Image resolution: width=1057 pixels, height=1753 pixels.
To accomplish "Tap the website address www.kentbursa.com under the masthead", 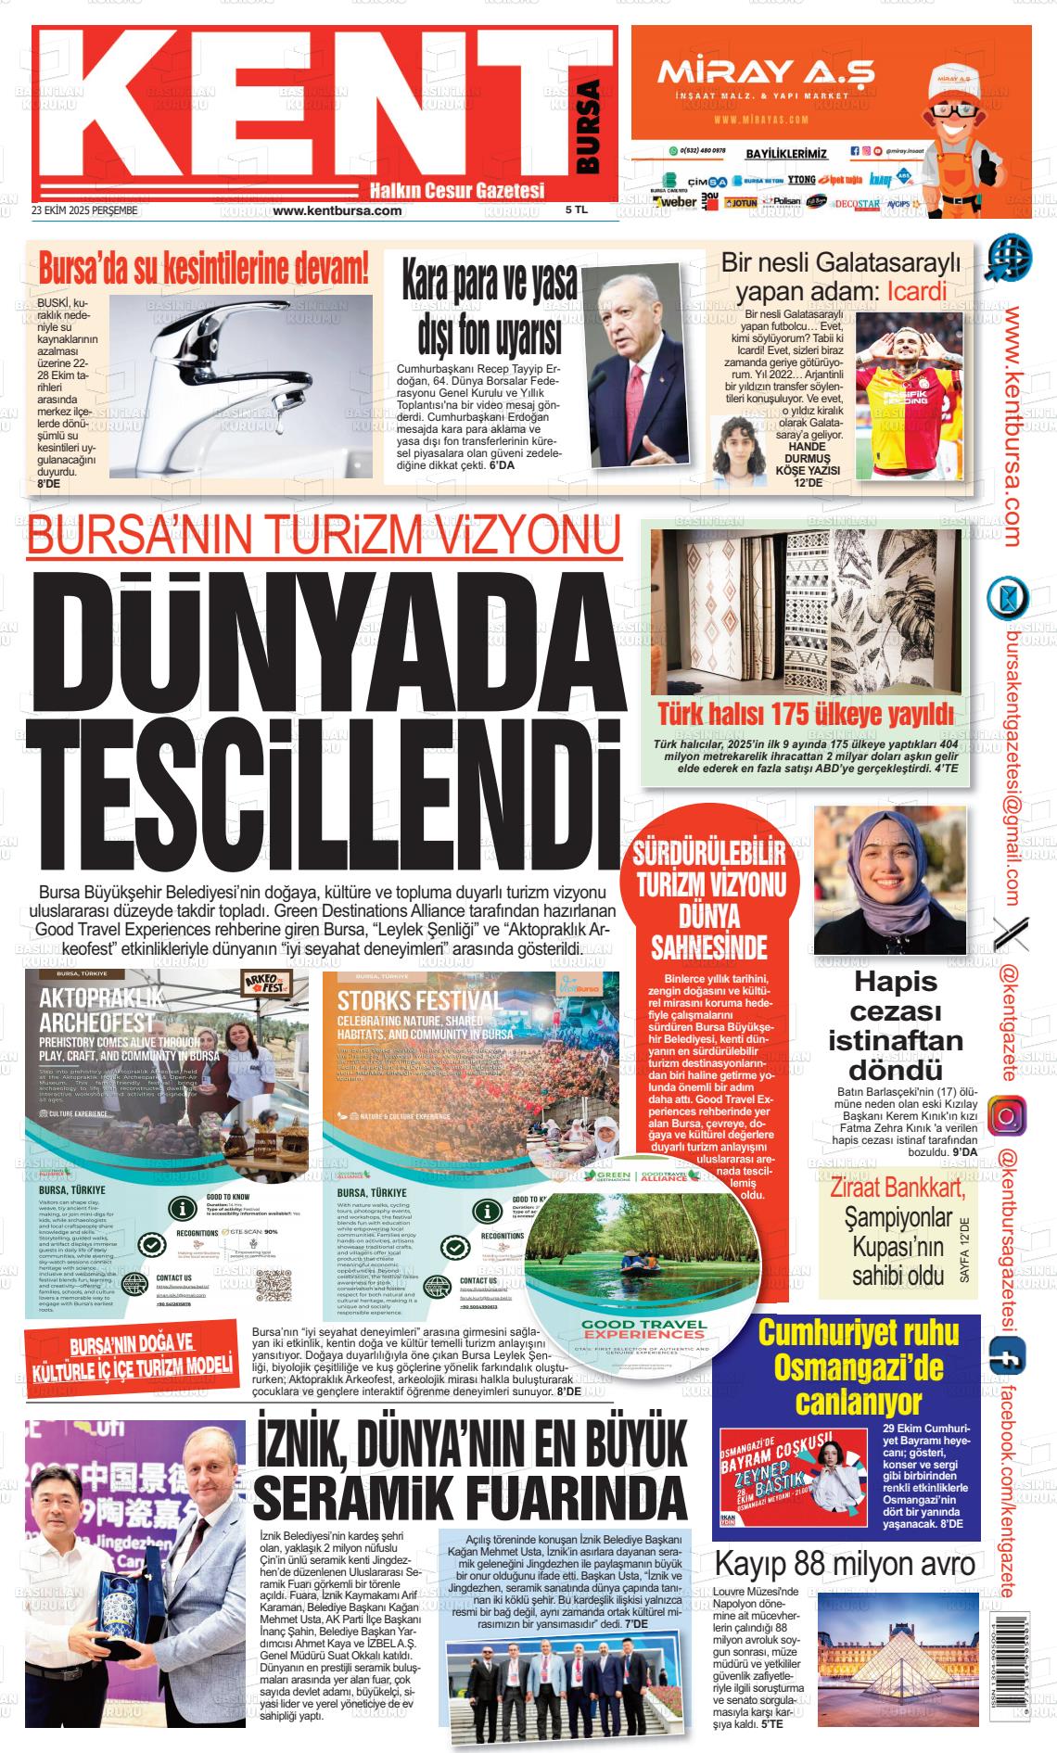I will (337, 210).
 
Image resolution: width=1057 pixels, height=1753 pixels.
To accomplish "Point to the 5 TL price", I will (577, 210).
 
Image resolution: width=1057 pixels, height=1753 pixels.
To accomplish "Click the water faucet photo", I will (240, 382).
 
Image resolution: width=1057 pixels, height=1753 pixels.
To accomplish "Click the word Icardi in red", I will (916, 291).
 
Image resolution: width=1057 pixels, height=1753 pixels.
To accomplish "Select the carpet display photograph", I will (806, 612).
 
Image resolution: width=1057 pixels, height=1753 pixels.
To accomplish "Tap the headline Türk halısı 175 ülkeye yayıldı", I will (806, 715).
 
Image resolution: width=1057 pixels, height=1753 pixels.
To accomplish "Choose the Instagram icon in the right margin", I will (1007, 1116).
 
